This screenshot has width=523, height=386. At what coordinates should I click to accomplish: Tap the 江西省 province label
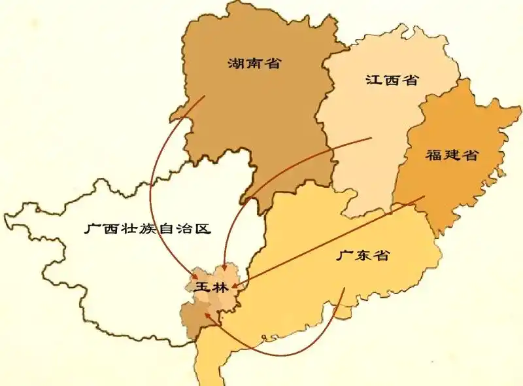[x=391, y=80]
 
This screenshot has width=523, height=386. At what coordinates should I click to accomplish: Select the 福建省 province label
[x=451, y=155]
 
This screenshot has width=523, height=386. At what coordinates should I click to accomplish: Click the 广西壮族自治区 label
[x=149, y=228]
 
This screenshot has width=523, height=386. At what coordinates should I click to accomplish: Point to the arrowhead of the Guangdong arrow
[x=207, y=314]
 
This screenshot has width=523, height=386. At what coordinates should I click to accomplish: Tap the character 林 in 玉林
[x=220, y=287]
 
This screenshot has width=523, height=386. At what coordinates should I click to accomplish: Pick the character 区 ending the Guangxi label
[x=205, y=228]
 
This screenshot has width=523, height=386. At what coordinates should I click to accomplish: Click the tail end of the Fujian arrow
[x=424, y=196]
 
